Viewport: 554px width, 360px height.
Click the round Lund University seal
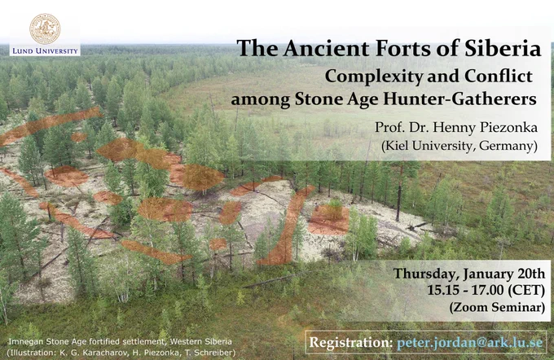click(45, 29)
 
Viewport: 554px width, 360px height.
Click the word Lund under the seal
click(22, 50)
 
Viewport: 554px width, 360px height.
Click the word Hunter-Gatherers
click(460, 99)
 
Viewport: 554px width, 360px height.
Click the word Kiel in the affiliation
click(394, 146)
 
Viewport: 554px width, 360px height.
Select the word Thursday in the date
click(426, 274)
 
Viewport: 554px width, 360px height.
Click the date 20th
click(531, 274)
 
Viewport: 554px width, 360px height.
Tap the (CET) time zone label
click(526, 291)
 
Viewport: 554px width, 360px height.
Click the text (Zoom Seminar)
click(497, 307)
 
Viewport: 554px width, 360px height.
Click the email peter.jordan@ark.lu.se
click(470, 343)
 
